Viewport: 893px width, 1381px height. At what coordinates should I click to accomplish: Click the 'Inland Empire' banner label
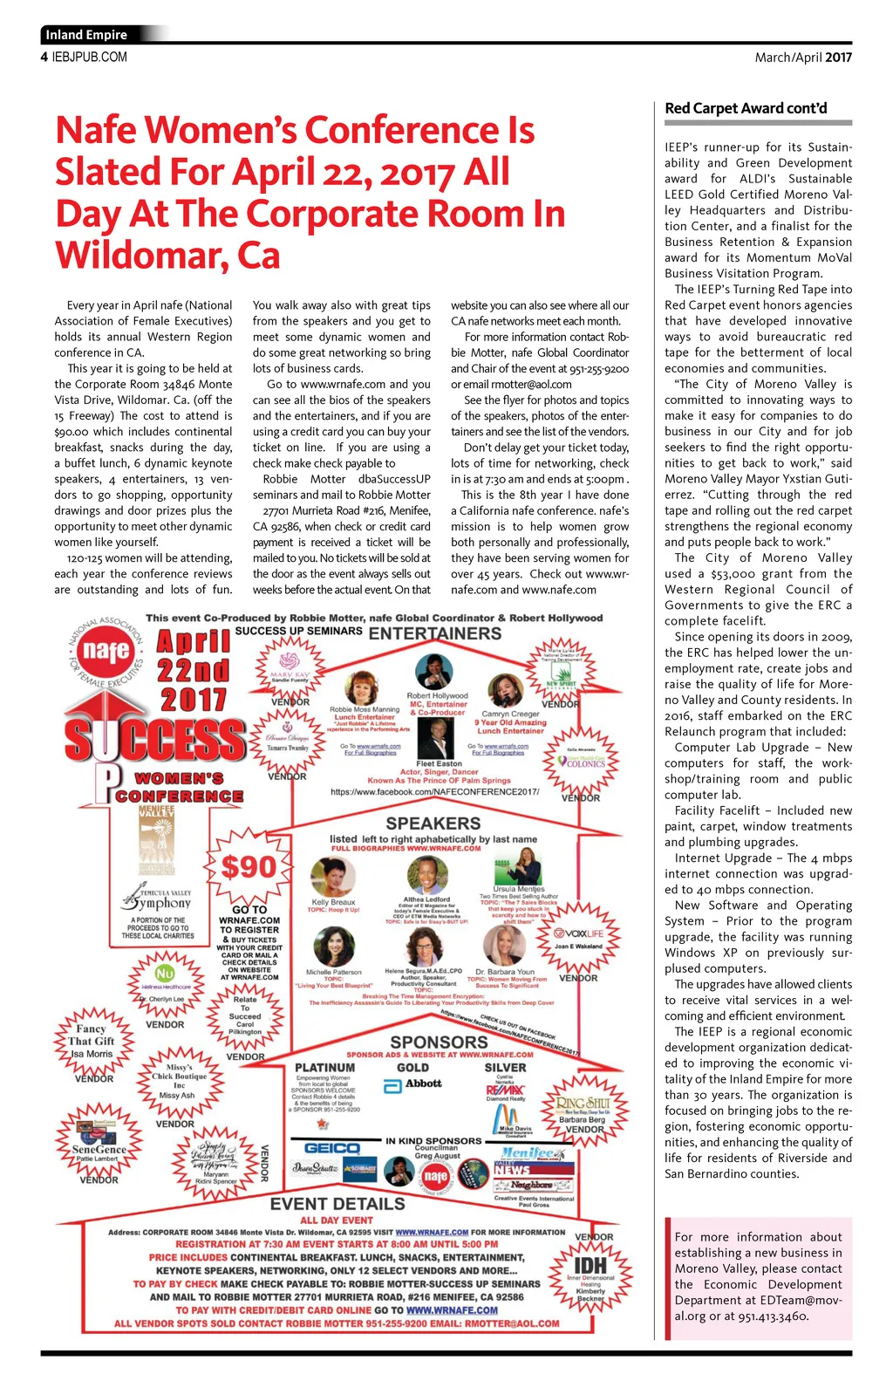pyautogui.click(x=86, y=35)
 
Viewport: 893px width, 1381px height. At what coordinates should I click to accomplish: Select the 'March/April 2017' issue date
pyautogui.click(x=802, y=58)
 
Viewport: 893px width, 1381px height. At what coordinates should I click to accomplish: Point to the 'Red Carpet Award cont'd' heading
pyautogui.click(x=746, y=108)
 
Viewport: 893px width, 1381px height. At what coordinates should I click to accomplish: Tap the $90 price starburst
pyautogui.click(x=249, y=867)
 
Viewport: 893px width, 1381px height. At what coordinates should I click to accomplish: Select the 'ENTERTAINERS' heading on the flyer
pyautogui.click(x=434, y=633)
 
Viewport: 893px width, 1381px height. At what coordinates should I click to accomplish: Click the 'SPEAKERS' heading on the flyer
pyautogui.click(x=433, y=824)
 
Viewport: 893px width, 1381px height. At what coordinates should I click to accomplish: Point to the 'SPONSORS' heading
pyautogui.click(x=439, y=1043)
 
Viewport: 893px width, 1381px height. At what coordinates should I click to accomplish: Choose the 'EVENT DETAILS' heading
pyautogui.click(x=337, y=1204)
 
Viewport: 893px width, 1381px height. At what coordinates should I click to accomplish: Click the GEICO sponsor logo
pyautogui.click(x=332, y=1148)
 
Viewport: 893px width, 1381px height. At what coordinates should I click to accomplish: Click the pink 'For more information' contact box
pyautogui.click(x=758, y=1275)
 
